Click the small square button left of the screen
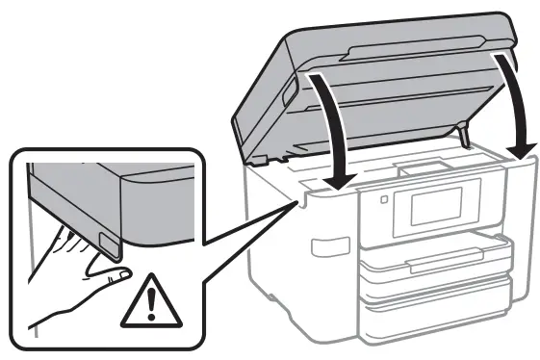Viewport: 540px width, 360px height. click(x=384, y=201)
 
